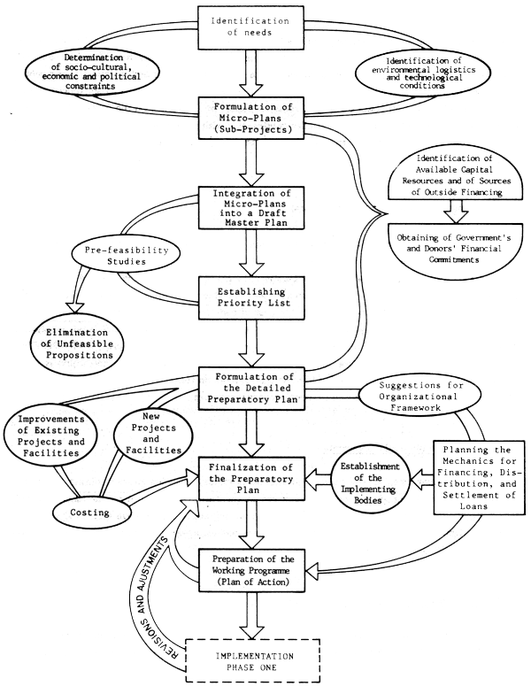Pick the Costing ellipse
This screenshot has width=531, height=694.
click(x=94, y=513)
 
